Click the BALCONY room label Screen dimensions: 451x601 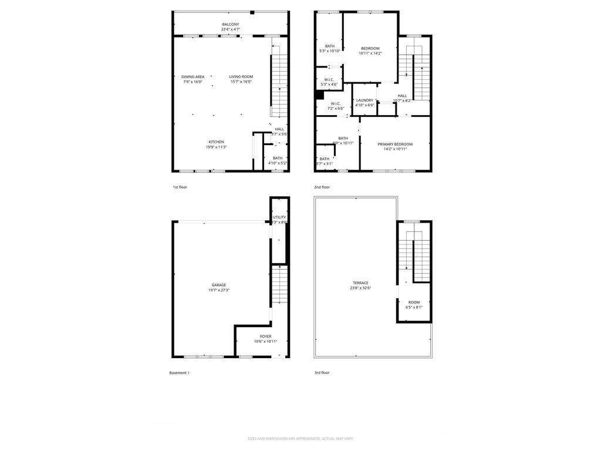pyautogui.click(x=231, y=25)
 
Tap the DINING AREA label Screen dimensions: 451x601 pyautogui.click(x=193, y=77)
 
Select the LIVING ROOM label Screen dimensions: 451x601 pyautogui.click(x=241, y=77)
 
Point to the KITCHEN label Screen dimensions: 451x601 pyautogui.click(x=216, y=142)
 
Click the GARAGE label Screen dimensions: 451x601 pyautogui.click(x=219, y=285)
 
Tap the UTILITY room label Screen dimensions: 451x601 pyautogui.click(x=279, y=217)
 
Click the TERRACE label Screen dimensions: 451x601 pyautogui.click(x=360, y=283)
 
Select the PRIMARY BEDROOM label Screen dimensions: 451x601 pyautogui.click(x=394, y=144)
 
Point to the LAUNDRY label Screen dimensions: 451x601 pyautogui.click(x=364, y=100)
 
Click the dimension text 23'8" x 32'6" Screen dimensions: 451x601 pyautogui.click(x=360, y=288)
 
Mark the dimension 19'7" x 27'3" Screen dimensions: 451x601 pyautogui.click(x=219, y=290)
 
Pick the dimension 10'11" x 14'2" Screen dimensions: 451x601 pyautogui.click(x=370, y=53)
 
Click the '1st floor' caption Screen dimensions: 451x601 pyautogui.click(x=180, y=187)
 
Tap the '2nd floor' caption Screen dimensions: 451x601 pyautogui.click(x=322, y=187)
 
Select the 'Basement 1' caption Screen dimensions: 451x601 pyautogui.click(x=179, y=373)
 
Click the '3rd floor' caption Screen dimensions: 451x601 pyautogui.click(x=322, y=373)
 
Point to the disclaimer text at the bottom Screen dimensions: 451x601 pyautogui.click(x=300, y=439)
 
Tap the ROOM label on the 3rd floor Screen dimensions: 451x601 pyautogui.click(x=414, y=302)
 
